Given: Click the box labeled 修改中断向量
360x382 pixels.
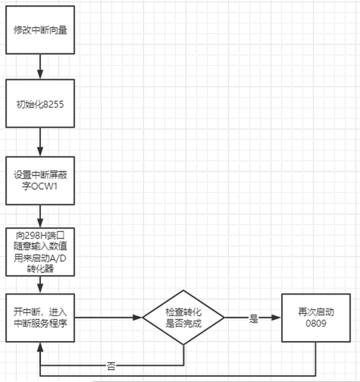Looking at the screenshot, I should (40, 30).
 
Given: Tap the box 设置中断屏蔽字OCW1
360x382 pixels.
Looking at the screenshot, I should (40, 181).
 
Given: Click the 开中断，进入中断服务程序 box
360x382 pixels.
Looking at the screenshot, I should (40, 317).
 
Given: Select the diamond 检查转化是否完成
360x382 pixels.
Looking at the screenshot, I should (184, 318).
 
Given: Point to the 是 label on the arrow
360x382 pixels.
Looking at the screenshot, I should (254, 319).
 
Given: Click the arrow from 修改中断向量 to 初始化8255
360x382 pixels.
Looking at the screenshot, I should (40, 66).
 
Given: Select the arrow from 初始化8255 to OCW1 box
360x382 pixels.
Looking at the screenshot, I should (40, 141).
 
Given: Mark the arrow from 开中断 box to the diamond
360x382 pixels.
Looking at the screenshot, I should (108, 318).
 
